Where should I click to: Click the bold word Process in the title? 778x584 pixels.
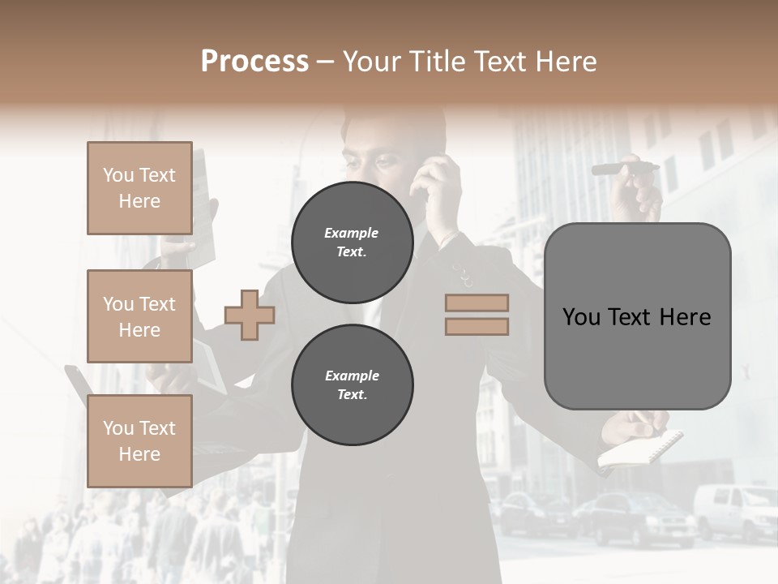[x=254, y=62]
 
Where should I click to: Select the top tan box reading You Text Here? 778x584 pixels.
[x=139, y=188]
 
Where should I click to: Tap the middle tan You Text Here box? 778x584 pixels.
[x=139, y=316]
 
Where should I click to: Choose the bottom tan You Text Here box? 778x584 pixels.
[x=139, y=440]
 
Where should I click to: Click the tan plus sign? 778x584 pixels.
[x=250, y=315]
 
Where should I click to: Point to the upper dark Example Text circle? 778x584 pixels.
[x=352, y=243]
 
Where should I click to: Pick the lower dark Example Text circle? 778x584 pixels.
[x=352, y=385]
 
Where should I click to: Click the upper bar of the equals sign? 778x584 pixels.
[x=477, y=303]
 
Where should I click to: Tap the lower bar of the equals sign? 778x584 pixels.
[x=477, y=327]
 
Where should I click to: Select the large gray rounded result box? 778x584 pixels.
[x=637, y=316]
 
